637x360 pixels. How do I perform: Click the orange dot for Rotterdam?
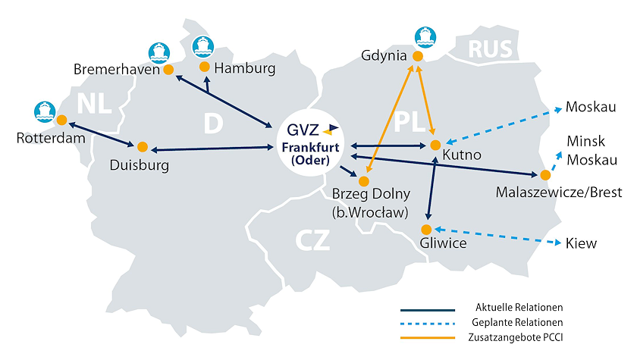point(61,121)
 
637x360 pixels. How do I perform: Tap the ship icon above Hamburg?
point(202,47)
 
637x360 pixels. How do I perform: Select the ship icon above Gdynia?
point(425,37)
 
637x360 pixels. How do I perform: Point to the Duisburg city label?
point(140,165)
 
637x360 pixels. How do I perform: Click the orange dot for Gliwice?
point(426,230)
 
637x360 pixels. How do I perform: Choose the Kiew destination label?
point(581,243)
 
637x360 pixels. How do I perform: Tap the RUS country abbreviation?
point(491,49)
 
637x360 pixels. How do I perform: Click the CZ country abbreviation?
point(312,240)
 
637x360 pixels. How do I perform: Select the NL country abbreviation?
point(94,104)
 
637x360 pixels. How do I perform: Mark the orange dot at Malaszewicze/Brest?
point(545,175)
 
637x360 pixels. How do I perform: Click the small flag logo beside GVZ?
point(331,130)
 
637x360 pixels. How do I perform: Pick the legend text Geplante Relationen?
point(517,322)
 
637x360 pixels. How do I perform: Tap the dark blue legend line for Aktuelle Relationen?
point(428,310)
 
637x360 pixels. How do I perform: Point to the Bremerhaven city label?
point(117,70)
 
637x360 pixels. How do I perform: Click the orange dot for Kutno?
point(435,145)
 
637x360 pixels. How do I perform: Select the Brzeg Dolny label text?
point(371,194)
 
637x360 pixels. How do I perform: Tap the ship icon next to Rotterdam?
point(45,112)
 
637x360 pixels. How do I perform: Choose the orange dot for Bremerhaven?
point(168,70)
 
